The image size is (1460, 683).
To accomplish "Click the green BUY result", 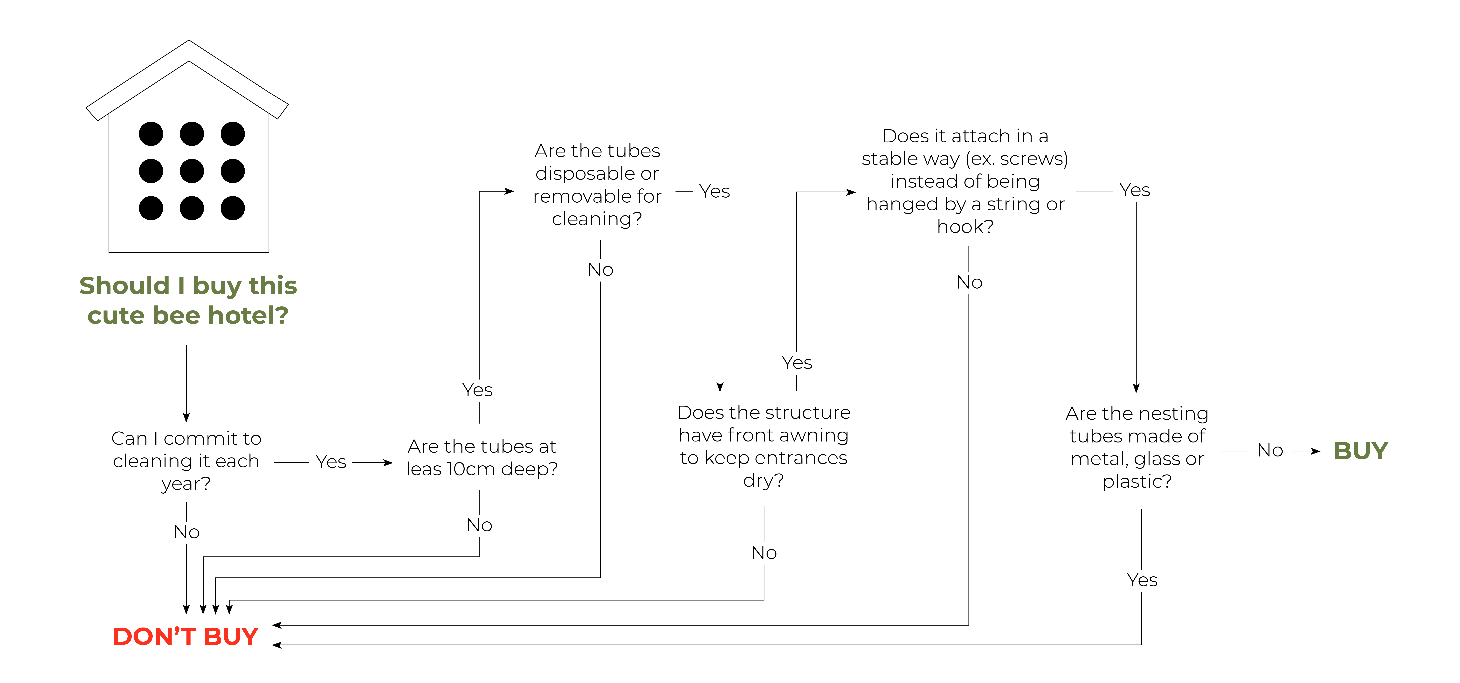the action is (1360, 451).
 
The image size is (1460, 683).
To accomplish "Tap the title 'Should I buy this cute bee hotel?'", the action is (188, 300).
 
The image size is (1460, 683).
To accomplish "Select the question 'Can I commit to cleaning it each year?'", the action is (186, 461).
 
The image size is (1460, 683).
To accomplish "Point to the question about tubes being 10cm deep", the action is (482, 457).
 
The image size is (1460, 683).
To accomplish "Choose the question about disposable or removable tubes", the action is (597, 185).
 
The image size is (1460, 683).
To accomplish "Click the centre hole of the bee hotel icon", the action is (192, 171).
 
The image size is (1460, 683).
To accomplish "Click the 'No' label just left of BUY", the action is (1270, 451).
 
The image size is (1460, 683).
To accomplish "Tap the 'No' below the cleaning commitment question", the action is (186, 532).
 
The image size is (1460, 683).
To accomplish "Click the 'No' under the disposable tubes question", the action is (600, 270).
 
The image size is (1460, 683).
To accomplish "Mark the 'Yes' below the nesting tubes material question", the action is (1142, 580).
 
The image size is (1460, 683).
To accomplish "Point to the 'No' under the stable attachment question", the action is (969, 282).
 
